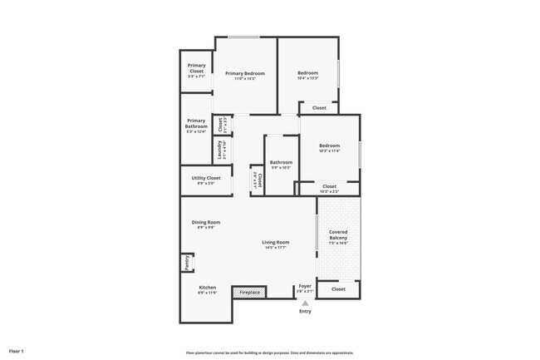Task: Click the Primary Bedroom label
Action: coord(245,74)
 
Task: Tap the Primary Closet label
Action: coord(196,68)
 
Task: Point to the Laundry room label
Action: coord(221,149)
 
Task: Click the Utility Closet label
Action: coord(206,178)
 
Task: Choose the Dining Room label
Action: coord(206,222)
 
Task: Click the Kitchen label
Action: coord(207,288)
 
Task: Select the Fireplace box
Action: coord(250,293)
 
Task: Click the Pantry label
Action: coord(187,263)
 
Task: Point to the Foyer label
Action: coord(305,286)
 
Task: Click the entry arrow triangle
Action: coord(305,303)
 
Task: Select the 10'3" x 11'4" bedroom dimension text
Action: coord(330,151)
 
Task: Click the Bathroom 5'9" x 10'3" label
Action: coord(281,165)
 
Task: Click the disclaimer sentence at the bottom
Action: coord(270,353)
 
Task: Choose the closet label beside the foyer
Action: coord(338,289)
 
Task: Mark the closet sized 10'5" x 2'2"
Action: coord(329,189)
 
